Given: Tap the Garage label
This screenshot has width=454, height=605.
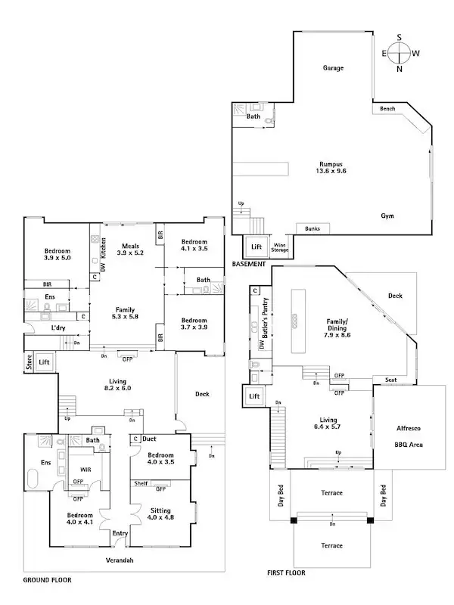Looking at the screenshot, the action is click(334, 68).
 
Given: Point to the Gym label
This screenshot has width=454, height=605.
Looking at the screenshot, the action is click(387, 216).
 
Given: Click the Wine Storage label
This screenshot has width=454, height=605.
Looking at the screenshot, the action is click(280, 247).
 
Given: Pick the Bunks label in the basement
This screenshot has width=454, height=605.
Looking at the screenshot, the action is click(312, 228).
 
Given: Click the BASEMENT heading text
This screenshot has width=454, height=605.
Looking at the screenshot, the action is click(249, 264).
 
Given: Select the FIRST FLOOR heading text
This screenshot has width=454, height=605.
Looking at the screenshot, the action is click(285, 573).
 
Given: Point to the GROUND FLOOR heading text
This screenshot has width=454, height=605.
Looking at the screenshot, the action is click(47, 580).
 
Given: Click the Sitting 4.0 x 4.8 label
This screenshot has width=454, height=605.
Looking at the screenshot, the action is click(160, 514).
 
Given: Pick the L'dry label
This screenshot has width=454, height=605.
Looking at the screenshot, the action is click(58, 328).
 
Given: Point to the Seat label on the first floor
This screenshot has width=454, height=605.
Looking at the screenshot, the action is click(391, 380).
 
